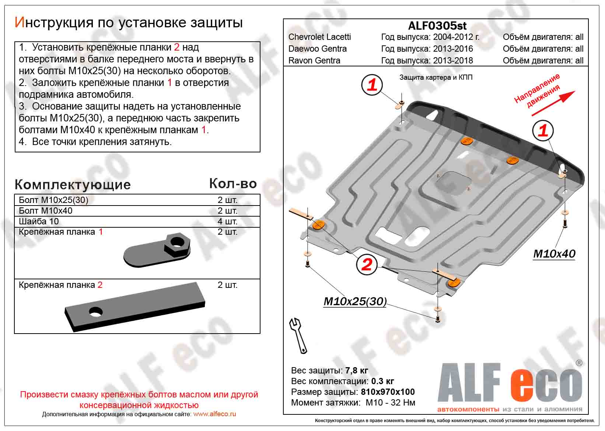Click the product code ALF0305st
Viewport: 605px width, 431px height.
(x=437, y=25)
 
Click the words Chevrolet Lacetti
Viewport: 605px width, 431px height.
(x=319, y=37)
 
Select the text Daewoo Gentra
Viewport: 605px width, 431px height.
(x=317, y=49)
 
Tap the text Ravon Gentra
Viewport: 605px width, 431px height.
(x=314, y=61)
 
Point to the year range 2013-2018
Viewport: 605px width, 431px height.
(x=453, y=61)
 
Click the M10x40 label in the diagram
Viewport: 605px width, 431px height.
(x=554, y=254)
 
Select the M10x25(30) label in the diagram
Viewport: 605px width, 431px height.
(x=355, y=301)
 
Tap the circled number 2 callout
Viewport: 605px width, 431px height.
(x=367, y=265)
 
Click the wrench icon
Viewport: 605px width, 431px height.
(x=298, y=335)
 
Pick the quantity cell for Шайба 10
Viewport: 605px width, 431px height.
(x=227, y=221)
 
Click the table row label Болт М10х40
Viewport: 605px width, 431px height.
(x=46, y=211)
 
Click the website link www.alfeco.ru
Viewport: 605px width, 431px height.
(x=214, y=414)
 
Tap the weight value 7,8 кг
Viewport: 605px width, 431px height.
(x=357, y=370)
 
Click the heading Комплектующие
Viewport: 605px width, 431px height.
(x=73, y=185)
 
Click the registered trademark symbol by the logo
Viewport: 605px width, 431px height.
(x=579, y=363)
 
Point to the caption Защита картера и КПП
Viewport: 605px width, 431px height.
(x=436, y=77)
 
